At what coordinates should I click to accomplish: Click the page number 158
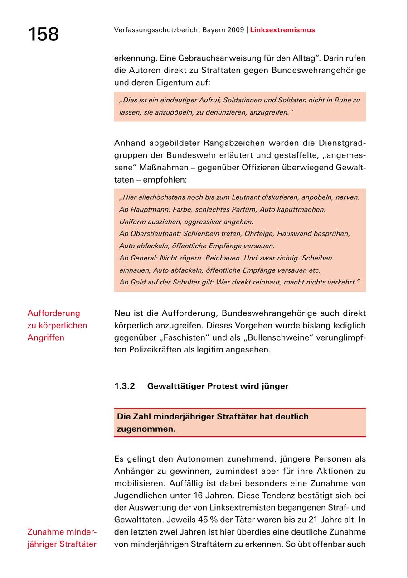click(x=44, y=34)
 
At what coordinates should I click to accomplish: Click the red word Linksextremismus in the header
click(x=282, y=30)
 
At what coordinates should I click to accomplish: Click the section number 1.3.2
click(x=125, y=386)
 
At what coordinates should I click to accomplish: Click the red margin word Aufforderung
click(x=53, y=313)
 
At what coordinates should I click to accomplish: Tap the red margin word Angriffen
click(x=46, y=337)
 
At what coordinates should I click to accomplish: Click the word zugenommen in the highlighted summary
click(x=146, y=429)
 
